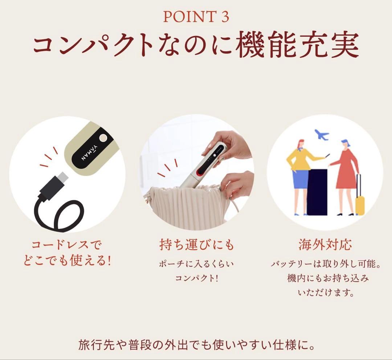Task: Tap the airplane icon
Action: (321, 135)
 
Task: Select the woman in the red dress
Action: (345, 174)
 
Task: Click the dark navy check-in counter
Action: (317, 192)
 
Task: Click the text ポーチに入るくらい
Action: (196, 264)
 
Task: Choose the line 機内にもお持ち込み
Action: (326, 278)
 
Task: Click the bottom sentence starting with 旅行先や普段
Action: (196, 344)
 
